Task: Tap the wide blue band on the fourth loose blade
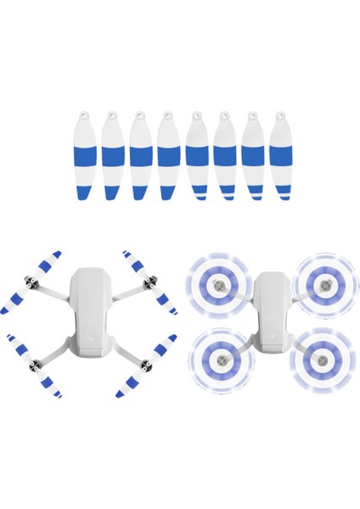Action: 168,156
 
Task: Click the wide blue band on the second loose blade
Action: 113,156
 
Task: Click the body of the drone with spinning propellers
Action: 271,310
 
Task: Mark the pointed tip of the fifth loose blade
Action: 197,200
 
